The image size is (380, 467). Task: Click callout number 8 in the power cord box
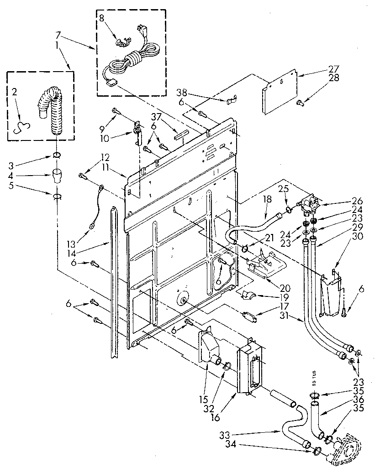[102, 19]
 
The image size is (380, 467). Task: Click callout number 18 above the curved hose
[267, 199]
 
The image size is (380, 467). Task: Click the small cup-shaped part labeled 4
[57, 175]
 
